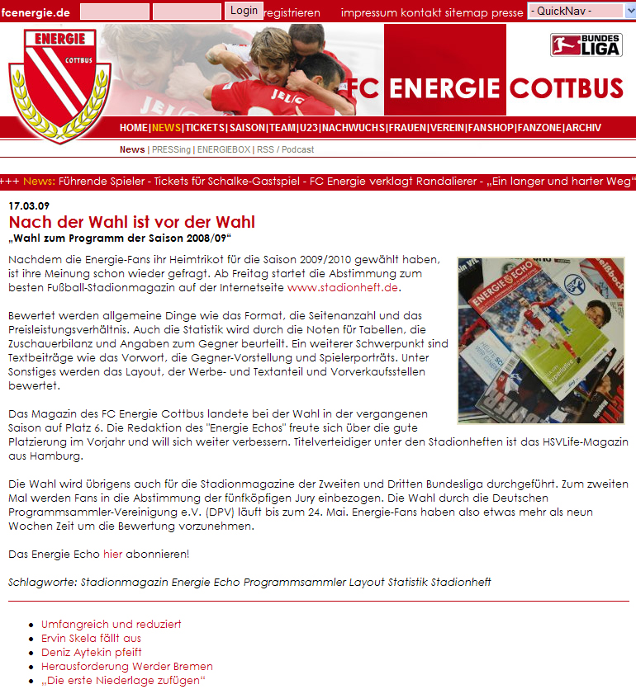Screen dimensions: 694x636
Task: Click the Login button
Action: tap(244, 10)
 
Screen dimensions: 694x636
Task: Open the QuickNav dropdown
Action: tap(575, 11)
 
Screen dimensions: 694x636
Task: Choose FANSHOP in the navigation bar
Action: tap(491, 128)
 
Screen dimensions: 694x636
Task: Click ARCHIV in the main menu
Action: tap(583, 128)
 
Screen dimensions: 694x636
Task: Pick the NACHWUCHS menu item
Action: tap(353, 128)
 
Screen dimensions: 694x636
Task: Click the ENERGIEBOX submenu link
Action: tap(223, 149)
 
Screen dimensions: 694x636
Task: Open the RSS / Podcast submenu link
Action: tap(285, 149)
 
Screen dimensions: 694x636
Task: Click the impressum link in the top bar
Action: tap(368, 12)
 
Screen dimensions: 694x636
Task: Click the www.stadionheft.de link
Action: tap(343, 287)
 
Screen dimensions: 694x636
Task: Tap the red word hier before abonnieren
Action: tap(112, 553)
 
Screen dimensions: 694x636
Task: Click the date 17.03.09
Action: tap(29, 205)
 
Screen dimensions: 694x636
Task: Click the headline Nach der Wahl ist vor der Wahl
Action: tap(132, 222)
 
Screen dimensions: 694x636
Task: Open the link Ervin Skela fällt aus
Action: tap(91, 638)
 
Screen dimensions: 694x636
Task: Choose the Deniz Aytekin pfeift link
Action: tap(92, 652)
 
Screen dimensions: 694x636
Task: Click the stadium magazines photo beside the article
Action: tap(541, 340)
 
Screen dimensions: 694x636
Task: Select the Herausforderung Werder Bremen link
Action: tap(127, 666)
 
